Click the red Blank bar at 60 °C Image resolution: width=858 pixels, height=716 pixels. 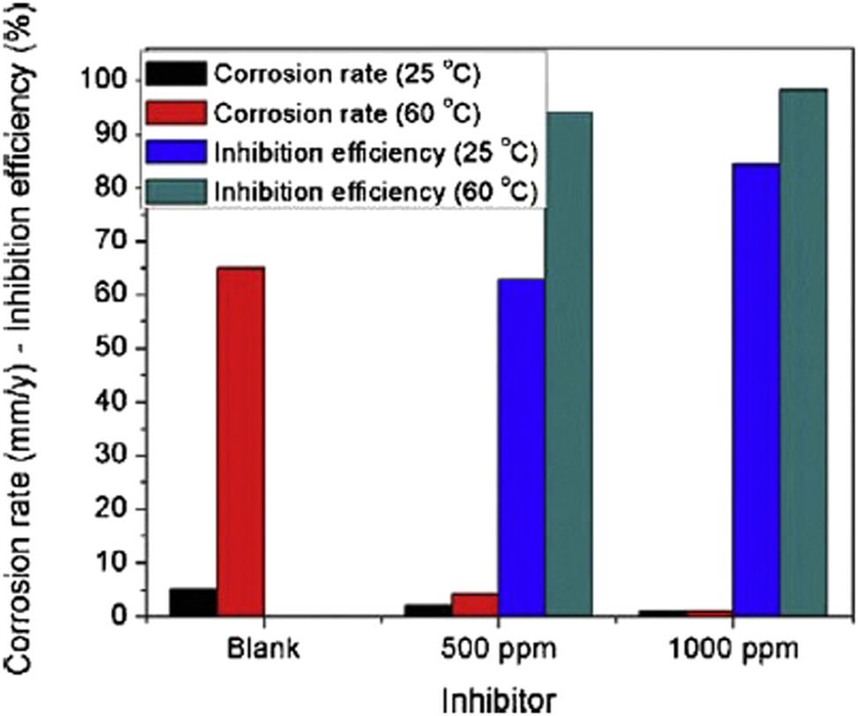coord(240,441)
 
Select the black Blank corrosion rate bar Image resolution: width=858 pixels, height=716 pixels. coord(193,602)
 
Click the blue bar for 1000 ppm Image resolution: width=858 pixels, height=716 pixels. coord(756,389)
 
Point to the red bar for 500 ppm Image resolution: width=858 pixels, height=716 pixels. coord(475,605)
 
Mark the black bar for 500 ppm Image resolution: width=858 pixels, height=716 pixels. coord(428,610)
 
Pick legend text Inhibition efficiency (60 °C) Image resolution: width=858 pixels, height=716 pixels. coord(375,191)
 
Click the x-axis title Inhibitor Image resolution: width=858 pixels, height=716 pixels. coord(498,698)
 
